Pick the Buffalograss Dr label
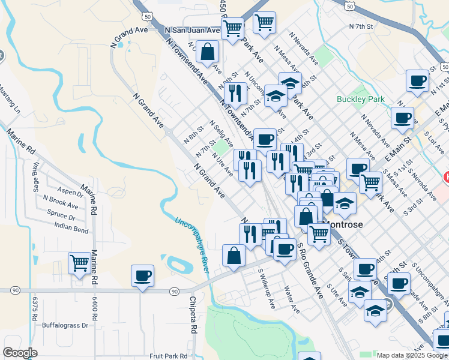point(65,325)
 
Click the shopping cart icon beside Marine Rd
point(79,263)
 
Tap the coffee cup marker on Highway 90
point(142,276)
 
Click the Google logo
point(20,353)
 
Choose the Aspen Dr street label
point(70,193)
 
